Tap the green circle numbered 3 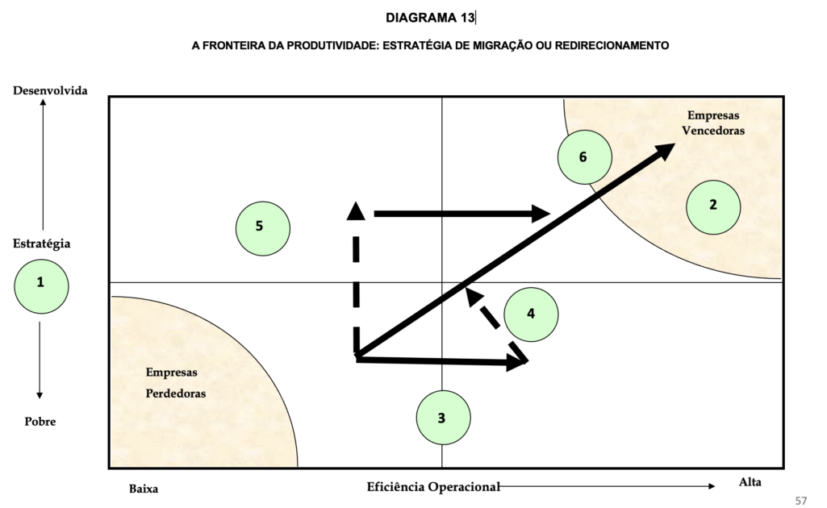[443, 417]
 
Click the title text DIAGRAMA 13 [430, 18]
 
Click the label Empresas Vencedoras [713, 123]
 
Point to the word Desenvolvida [50, 90]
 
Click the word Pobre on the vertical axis [40, 422]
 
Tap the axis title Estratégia [41, 243]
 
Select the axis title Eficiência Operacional [433, 486]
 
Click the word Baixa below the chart [144, 489]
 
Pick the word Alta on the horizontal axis [750, 482]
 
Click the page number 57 [801, 499]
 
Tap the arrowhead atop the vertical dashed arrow [355, 210]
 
